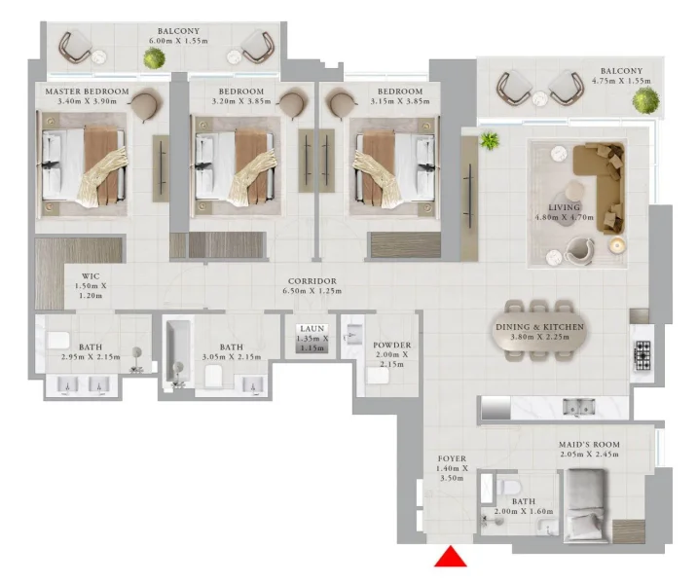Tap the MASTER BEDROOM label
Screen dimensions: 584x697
(x=81, y=91)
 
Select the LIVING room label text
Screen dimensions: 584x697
(x=564, y=208)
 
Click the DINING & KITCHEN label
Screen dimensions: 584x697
(x=537, y=328)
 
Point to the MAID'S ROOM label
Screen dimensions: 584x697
(x=589, y=445)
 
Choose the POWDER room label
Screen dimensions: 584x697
(x=392, y=346)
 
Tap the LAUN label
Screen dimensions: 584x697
(x=312, y=329)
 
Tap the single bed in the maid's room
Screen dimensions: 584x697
(x=588, y=504)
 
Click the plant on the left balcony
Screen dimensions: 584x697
(x=152, y=58)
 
